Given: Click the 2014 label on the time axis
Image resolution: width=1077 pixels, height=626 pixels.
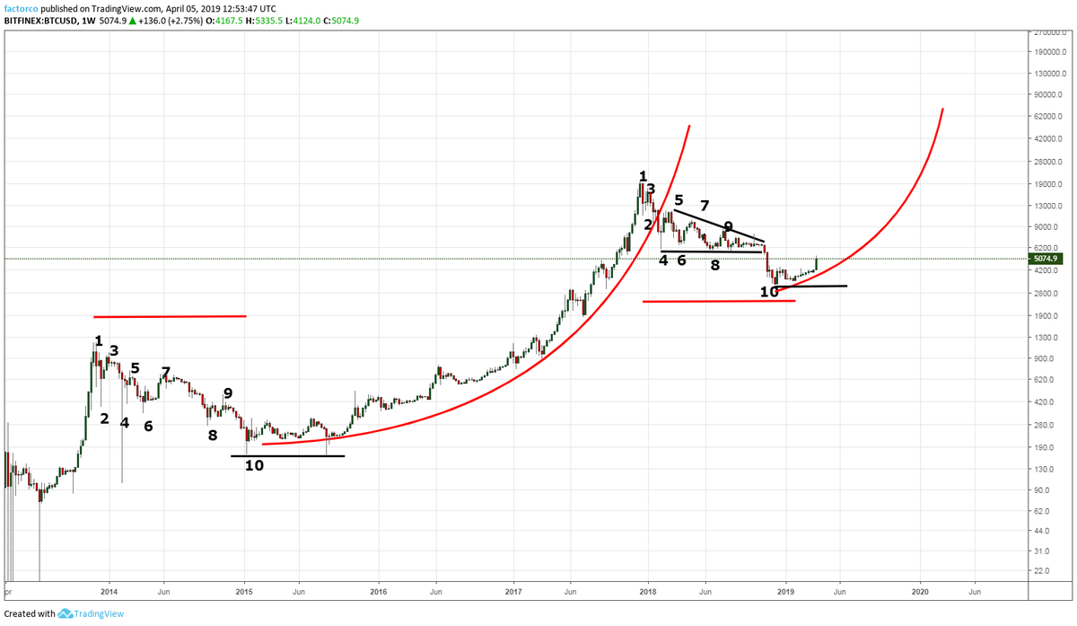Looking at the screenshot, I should coord(109,592).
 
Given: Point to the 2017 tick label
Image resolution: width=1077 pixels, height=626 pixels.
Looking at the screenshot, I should coord(513,592).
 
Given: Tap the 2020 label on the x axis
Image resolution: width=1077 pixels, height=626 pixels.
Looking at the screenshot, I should coord(920,592).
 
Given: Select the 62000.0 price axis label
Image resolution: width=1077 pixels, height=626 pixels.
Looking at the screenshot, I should coord(1050,117).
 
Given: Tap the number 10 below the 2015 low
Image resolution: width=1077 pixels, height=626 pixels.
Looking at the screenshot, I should coord(254,465).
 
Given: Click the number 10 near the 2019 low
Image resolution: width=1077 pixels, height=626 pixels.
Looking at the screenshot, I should coord(769,291).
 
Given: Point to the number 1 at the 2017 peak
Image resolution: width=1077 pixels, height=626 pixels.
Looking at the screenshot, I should coord(643,176).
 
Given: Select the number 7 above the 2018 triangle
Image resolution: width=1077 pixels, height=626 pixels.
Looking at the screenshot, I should coord(705,207).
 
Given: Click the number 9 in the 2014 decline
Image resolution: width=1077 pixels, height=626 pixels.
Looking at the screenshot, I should coord(228,392).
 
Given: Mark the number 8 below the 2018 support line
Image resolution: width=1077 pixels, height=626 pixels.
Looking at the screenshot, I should coord(715,265).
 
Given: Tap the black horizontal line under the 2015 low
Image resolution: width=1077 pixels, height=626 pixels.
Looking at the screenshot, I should coord(287,455).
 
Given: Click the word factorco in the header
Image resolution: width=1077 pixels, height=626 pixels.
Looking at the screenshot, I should coord(21,8).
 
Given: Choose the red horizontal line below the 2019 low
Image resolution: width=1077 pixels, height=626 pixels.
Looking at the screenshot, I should coord(718,301).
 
